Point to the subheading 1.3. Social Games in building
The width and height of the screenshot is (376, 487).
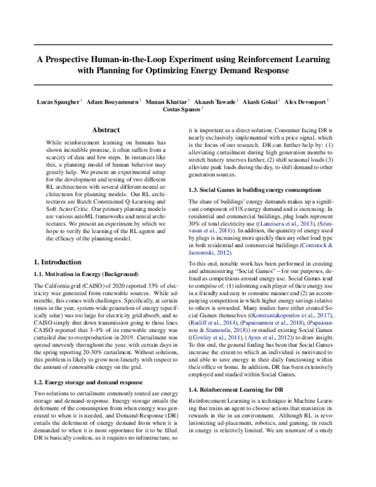pyautogui.click(x=248, y=190)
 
